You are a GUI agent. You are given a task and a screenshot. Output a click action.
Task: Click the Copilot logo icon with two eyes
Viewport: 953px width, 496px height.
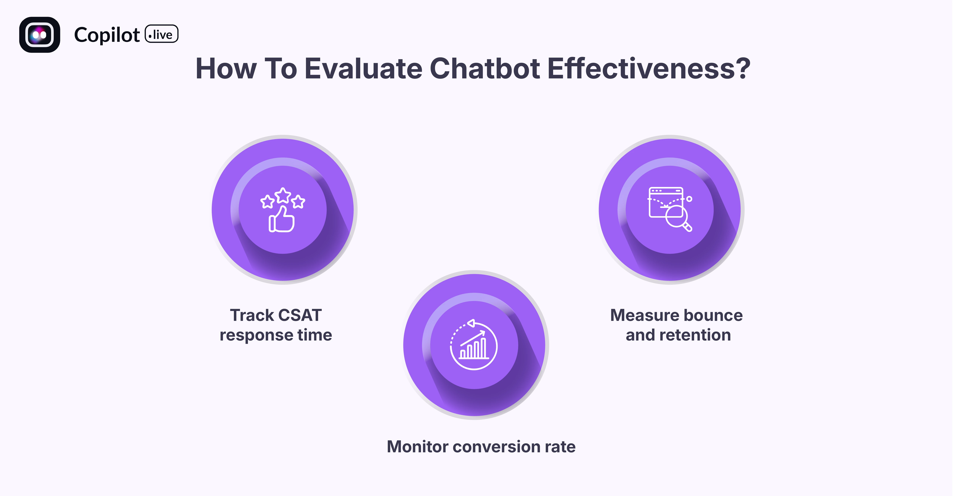(x=40, y=35)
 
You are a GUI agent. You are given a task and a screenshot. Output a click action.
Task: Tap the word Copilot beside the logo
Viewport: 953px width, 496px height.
(x=107, y=35)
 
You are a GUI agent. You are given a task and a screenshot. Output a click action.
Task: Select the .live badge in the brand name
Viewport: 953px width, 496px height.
(x=161, y=34)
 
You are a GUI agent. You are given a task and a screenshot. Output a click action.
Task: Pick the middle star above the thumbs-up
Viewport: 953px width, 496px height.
(x=283, y=195)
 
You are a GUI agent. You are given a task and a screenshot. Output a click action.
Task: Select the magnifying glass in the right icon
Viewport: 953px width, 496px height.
(x=677, y=218)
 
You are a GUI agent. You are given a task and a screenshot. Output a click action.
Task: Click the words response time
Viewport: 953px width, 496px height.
(x=276, y=335)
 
